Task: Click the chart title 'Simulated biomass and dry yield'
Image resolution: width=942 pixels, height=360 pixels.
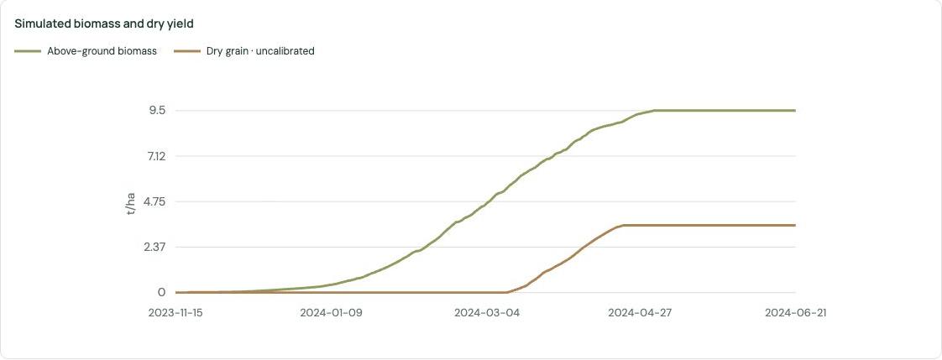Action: pyautogui.click(x=103, y=24)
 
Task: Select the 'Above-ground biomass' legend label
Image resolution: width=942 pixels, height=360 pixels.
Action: pyautogui.click(x=102, y=51)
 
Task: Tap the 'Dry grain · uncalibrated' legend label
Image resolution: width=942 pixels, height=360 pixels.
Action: pyautogui.click(x=261, y=51)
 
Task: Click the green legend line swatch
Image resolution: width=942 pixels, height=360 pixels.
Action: pyautogui.click(x=29, y=51)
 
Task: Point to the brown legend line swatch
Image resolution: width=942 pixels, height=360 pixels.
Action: pyautogui.click(x=187, y=51)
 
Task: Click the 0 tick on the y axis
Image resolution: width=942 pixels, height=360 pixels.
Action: pyautogui.click(x=162, y=293)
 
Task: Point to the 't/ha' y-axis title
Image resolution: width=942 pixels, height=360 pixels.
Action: pyautogui.click(x=131, y=204)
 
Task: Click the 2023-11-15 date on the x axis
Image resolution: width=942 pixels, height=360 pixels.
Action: pyautogui.click(x=176, y=313)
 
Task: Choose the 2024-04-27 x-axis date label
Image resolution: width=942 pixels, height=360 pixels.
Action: pyautogui.click(x=641, y=313)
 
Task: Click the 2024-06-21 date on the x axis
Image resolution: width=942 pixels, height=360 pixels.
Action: pyautogui.click(x=796, y=313)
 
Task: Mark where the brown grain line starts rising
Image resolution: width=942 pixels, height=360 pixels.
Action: pyautogui.click(x=508, y=292)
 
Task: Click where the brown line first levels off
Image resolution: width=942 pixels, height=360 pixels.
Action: pyautogui.click(x=624, y=225)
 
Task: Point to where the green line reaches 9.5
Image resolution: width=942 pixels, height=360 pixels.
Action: pyautogui.click(x=654, y=111)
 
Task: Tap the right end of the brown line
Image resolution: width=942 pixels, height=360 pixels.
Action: pyautogui.click(x=795, y=225)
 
